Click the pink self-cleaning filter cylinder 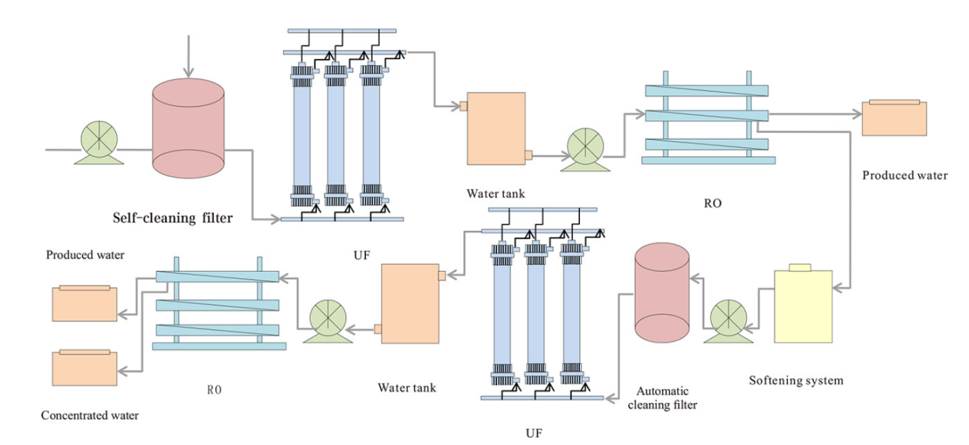coord(188,128)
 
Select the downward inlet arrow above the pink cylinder coord(189,54)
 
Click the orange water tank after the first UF coord(496,128)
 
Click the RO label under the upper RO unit coord(712,202)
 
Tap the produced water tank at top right coord(894,118)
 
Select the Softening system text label coord(796,380)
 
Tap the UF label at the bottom coord(535,432)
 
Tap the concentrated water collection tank coord(85,368)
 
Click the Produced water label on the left coord(86,256)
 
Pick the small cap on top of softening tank coord(802,267)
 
